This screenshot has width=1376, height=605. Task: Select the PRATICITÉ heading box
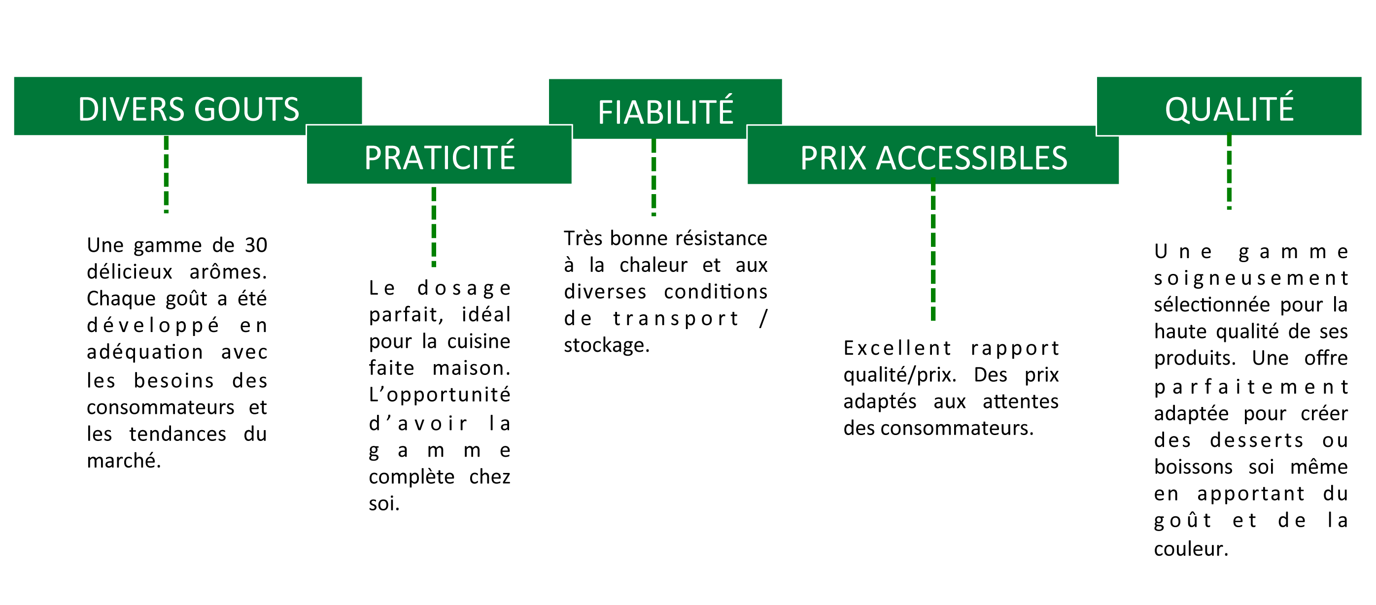click(x=439, y=155)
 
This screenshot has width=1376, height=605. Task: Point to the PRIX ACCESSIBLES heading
click(x=933, y=158)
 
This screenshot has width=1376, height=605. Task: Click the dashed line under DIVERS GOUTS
click(x=166, y=174)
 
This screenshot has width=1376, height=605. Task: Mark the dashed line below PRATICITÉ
click(x=434, y=227)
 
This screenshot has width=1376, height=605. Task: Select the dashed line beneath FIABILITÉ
click(x=654, y=177)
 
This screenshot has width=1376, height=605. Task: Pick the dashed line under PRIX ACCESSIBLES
click(x=933, y=249)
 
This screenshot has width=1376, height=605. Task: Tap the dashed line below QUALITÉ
click(x=1229, y=171)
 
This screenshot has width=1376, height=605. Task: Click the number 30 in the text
click(x=256, y=245)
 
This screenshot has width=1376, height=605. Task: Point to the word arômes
click(x=228, y=272)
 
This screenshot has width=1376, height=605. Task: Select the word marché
click(x=124, y=460)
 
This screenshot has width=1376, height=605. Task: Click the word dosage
click(x=464, y=289)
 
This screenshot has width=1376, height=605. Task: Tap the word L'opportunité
click(x=440, y=395)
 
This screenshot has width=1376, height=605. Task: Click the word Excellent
click(x=897, y=348)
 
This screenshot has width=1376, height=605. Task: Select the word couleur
click(x=1191, y=549)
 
